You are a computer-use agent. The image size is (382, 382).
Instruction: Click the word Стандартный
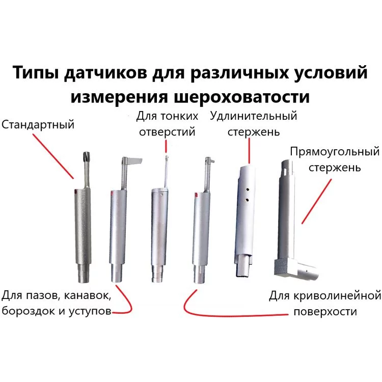click(x=38, y=125)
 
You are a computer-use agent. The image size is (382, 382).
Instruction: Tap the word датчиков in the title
click(x=106, y=73)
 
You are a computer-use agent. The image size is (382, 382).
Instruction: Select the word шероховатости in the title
click(x=241, y=97)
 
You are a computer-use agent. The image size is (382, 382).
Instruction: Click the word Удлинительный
click(x=254, y=116)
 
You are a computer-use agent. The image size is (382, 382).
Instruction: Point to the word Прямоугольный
click(x=335, y=152)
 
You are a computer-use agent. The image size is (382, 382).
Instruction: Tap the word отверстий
click(x=167, y=132)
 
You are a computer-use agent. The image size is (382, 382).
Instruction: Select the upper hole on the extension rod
click(x=247, y=189)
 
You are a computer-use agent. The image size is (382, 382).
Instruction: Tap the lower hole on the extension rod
click(x=247, y=200)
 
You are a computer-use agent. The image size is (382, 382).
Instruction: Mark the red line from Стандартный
click(x=53, y=156)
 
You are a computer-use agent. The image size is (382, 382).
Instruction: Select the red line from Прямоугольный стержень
click(x=317, y=201)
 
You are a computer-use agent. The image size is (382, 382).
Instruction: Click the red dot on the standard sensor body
click(x=75, y=192)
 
